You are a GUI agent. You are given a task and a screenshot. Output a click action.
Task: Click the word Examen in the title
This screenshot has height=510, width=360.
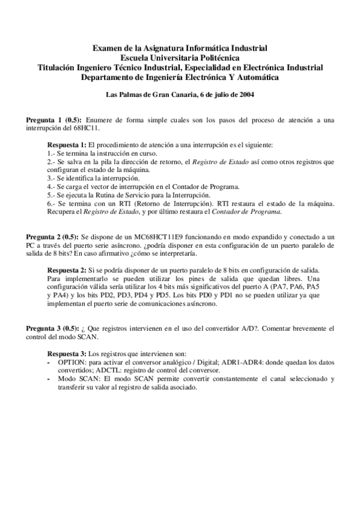click(x=105, y=48)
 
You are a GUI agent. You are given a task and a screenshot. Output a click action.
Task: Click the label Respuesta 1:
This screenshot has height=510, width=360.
click(x=67, y=146)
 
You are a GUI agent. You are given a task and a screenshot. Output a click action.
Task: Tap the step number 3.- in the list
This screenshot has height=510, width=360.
click(x=52, y=179)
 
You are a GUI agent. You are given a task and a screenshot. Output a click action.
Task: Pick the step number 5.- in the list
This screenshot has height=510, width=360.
click(x=52, y=195)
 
